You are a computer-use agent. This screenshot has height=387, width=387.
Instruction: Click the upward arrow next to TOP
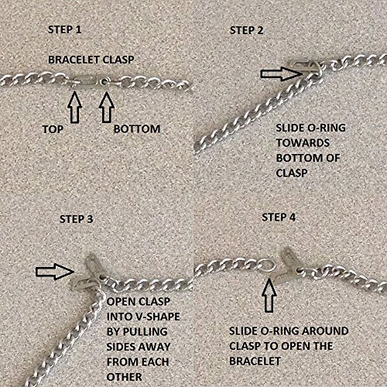point(76,103)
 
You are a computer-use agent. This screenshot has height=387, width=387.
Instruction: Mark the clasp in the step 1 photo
point(91,80)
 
